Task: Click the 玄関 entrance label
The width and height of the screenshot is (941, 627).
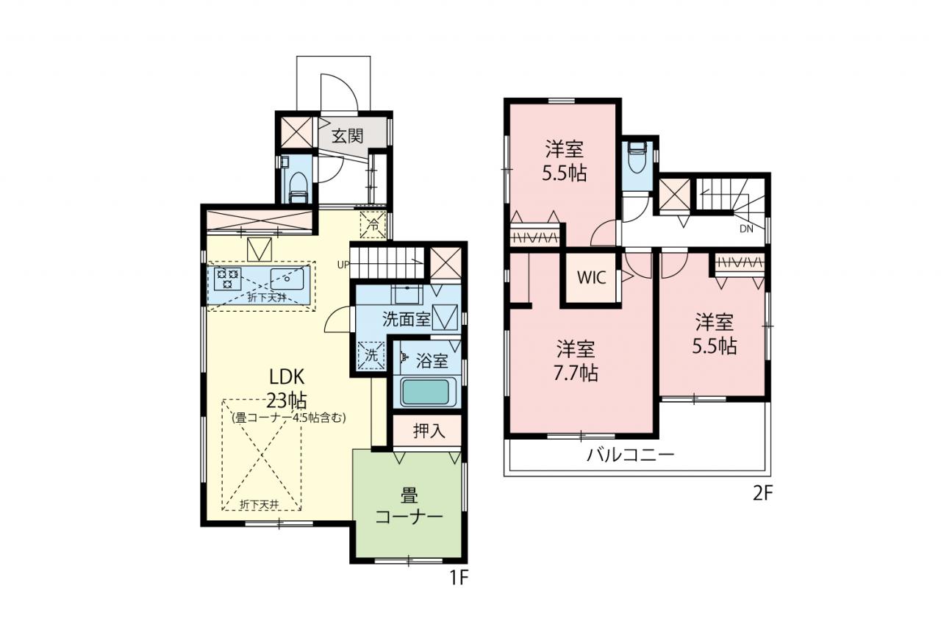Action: (x=347, y=136)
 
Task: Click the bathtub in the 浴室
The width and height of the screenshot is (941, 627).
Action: (x=426, y=393)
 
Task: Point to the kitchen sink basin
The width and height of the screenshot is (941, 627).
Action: (x=287, y=279)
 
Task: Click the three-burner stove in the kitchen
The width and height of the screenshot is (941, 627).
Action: (x=227, y=279)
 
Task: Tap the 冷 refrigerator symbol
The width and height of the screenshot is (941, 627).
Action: (x=373, y=225)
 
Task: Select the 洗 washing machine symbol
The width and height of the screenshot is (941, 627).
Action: (x=371, y=356)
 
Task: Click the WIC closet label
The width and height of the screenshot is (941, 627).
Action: (x=592, y=277)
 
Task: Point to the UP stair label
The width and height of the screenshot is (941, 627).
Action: (x=343, y=265)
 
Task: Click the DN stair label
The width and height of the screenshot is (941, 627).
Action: (x=746, y=229)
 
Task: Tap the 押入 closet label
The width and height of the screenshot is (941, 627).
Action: (x=429, y=431)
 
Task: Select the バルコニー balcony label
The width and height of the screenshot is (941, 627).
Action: (x=630, y=455)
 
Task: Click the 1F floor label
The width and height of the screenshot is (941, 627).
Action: (x=459, y=578)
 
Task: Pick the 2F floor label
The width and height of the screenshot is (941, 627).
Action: (x=762, y=494)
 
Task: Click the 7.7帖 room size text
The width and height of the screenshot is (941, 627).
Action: (x=576, y=373)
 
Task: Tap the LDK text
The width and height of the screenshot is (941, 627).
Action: (x=287, y=377)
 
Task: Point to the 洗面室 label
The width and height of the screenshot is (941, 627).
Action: (x=407, y=320)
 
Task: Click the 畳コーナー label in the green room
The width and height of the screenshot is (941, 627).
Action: (x=409, y=507)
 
